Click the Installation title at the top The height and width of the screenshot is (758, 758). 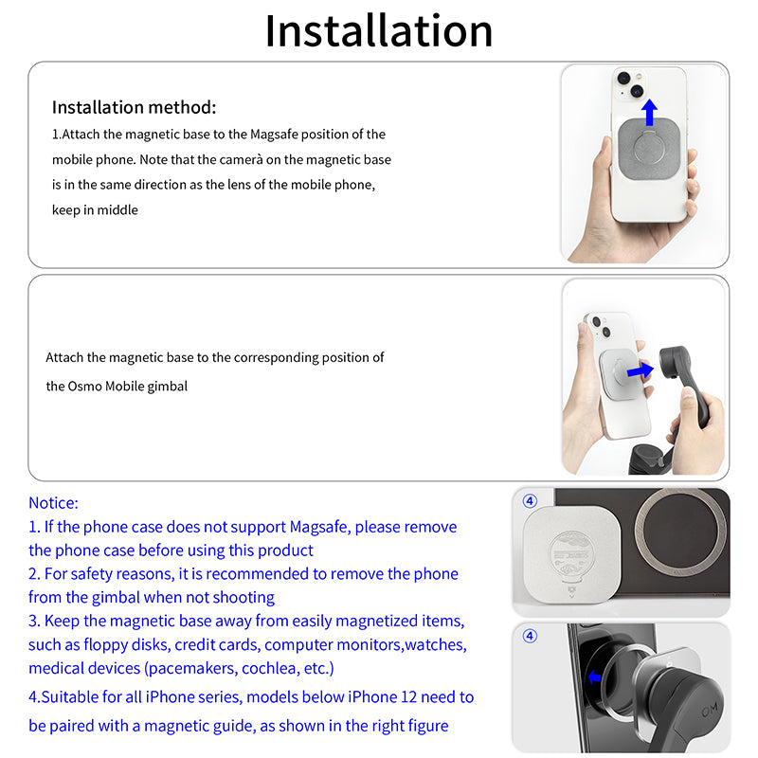(379, 31)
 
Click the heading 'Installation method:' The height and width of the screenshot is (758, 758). (134, 107)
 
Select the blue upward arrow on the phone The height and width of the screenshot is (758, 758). (650, 113)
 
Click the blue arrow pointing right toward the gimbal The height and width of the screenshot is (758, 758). (641, 370)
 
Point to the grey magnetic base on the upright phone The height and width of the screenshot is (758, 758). (649, 150)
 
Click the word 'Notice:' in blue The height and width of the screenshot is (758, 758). (53, 503)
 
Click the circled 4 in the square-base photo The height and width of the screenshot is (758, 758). (531, 501)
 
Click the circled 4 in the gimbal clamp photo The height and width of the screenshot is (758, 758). (531, 636)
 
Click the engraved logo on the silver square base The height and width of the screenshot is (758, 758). (572, 562)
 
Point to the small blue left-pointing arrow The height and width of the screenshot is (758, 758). (595, 677)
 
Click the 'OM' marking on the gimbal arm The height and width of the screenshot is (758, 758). (710, 710)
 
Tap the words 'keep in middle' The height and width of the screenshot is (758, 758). (95, 210)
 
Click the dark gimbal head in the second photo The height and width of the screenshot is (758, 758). (675, 361)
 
